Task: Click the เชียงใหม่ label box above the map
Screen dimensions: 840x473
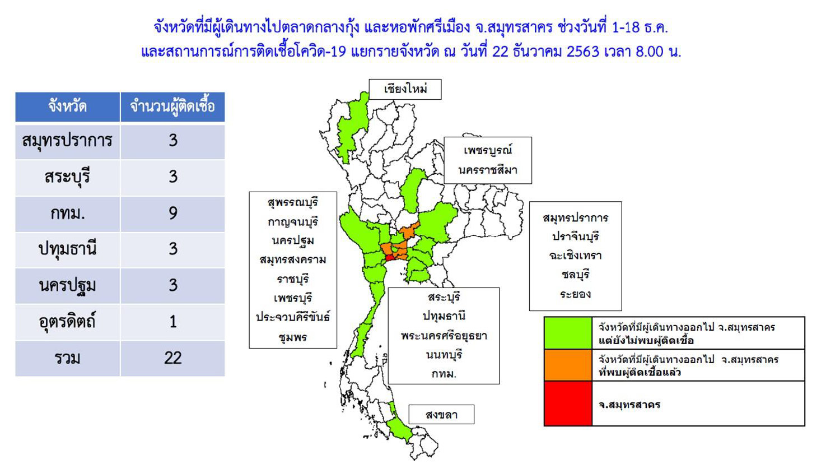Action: tap(405, 89)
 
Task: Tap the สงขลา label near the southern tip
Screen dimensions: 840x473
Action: tap(441, 415)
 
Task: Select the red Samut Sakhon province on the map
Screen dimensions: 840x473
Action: tap(390, 258)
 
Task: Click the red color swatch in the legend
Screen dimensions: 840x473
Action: tap(568, 404)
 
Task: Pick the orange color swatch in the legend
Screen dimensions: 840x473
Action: tap(568, 365)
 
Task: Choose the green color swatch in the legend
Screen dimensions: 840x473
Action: tap(568, 333)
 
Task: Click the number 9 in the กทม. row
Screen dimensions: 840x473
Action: tap(173, 213)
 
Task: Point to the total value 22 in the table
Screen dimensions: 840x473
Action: tap(173, 358)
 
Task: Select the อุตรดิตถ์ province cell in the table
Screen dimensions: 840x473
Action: tap(68, 322)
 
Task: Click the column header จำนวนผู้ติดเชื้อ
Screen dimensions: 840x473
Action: tap(172, 106)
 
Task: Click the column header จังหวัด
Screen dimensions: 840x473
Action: tap(68, 106)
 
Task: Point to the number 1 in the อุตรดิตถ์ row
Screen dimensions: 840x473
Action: tap(173, 322)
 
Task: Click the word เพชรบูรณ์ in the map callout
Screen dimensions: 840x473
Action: tap(488, 151)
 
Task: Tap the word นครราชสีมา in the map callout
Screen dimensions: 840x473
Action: tap(488, 170)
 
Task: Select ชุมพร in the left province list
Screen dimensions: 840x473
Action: tap(293, 337)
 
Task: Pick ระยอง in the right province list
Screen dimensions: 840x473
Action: tap(575, 294)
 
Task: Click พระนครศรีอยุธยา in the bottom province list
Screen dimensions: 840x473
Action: tap(444, 335)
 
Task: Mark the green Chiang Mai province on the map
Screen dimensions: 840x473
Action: tap(352, 128)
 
